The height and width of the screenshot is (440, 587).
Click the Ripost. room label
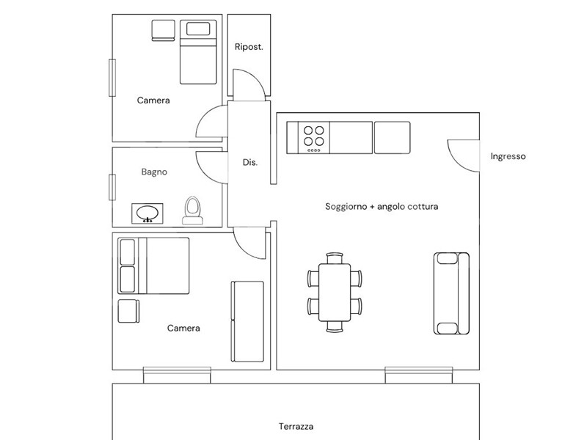pos(249,47)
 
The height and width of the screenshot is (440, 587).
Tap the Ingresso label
pos(508,156)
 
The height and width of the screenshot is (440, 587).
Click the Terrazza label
pos(296,426)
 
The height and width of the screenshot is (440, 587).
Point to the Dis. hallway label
pos(250,162)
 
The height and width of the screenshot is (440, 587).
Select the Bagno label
pos(154,172)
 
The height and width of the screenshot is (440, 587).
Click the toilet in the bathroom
pos(193,210)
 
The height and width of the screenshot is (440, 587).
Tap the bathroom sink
pos(147,213)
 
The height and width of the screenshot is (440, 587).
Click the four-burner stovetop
pos(314,137)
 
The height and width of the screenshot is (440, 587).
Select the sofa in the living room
pos(451,293)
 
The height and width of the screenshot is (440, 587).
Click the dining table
pos(335,292)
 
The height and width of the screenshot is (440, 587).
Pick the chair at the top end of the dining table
pos(335,258)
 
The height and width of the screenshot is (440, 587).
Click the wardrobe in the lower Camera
pos(247,321)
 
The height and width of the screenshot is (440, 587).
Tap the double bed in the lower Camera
pos(153,265)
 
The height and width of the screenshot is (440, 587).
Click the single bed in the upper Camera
pos(198,51)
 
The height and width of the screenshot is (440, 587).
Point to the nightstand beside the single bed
pos(163,30)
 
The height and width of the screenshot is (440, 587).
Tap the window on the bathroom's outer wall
pos(112,187)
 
